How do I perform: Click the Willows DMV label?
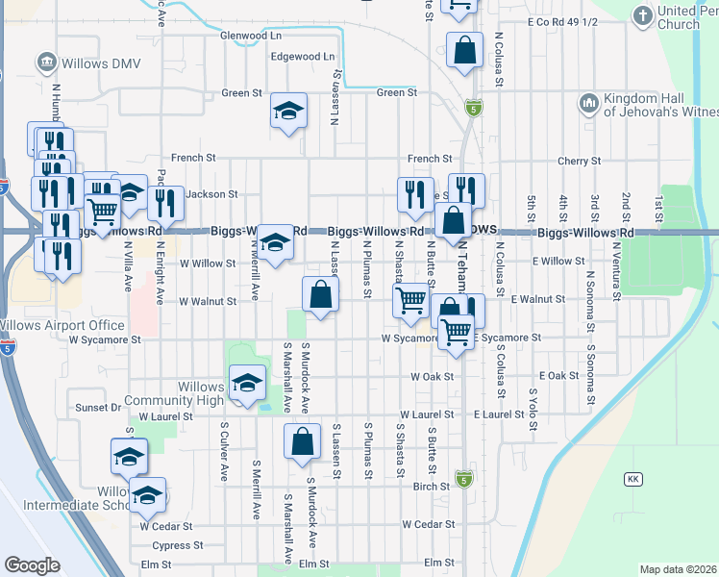pyautogui.click(x=93, y=63)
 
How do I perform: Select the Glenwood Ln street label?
pyautogui.click(x=251, y=36)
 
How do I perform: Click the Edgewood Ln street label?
pyautogui.click(x=303, y=57)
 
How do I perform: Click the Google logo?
pyautogui.click(x=32, y=565)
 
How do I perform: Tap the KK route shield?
pyautogui.click(x=632, y=479)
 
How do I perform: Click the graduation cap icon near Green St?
pyautogui.click(x=287, y=112)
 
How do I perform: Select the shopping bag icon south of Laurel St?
pyautogui.click(x=302, y=441)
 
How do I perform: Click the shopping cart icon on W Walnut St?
pyautogui.click(x=411, y=300)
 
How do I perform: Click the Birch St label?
pyautogui.click(x=431, y=487)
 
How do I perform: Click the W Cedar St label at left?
pyautogui.click(x=166, y=527)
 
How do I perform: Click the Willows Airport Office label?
pyautogui.click(x=63, y=325)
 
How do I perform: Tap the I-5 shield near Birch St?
pyautogui.click(x=464, y=479)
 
